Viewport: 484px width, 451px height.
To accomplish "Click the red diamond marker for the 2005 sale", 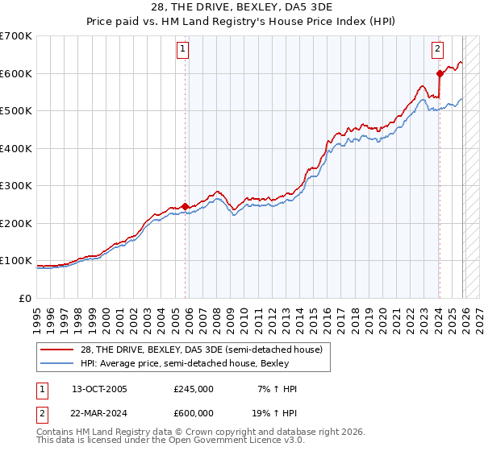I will pos(185,206).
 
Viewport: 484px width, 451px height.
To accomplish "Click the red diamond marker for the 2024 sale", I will pos(439,73).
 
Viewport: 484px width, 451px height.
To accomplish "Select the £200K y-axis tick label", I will pos(16,223).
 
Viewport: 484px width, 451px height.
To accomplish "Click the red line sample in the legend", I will pos(57,350).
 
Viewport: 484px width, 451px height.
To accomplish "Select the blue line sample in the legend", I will pos(57,363).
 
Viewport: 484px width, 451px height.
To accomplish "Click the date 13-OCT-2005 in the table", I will pos(99,389).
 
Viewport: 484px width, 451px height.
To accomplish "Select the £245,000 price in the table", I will pos(194,389).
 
